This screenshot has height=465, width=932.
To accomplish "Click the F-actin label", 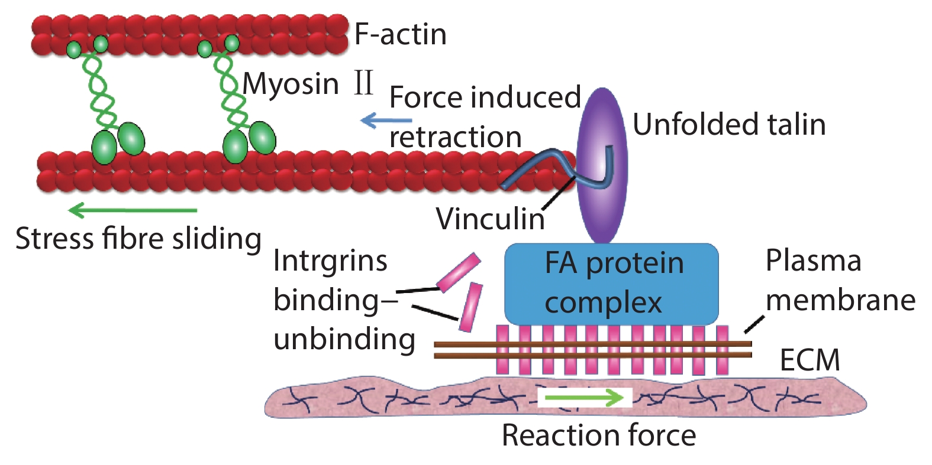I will click(x=400, y=34).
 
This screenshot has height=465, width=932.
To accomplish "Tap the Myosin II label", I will click(x=308, y=83).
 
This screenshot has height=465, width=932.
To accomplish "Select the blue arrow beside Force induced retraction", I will click(x=386, y=121).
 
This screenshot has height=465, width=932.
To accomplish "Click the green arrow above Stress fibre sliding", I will click(x=133, y=210).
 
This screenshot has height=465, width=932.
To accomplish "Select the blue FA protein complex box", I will click(x=611, y=284).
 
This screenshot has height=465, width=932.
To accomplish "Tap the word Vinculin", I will click(x=490, y=219).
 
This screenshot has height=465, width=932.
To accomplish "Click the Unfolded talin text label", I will click(x=728, y=125).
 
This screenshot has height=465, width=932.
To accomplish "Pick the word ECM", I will click(x=810, y=360).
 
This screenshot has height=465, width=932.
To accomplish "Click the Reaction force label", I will click(x=598, y=435).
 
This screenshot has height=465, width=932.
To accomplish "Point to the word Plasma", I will click(x=813, y=261).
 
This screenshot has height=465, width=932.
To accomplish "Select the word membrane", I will click(x=840, y=300).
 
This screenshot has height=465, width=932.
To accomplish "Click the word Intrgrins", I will click(x=330, y=261).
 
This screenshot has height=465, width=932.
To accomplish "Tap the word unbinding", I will click(x=344, y=339).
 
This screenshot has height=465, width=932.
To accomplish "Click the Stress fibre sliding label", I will click(x=138, y=239).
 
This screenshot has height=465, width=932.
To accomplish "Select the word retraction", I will click(x=455, y=137).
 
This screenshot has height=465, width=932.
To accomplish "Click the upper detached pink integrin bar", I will click(x=459, y=272).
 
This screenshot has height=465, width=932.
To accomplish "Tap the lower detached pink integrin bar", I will click(x=471, y=307).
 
